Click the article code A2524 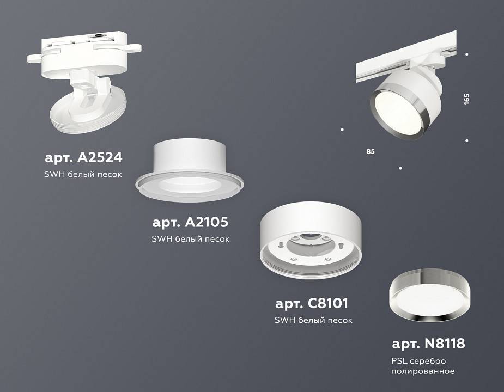[x=83, y=158]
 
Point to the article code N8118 [x=428, y=344]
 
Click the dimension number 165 [x=466, y=99]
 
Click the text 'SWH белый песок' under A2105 [x=190, y=239]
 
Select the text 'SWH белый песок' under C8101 [x=313, y=320]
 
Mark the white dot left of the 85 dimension [x=342, y=130]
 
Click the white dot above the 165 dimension [x=467, y=54]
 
